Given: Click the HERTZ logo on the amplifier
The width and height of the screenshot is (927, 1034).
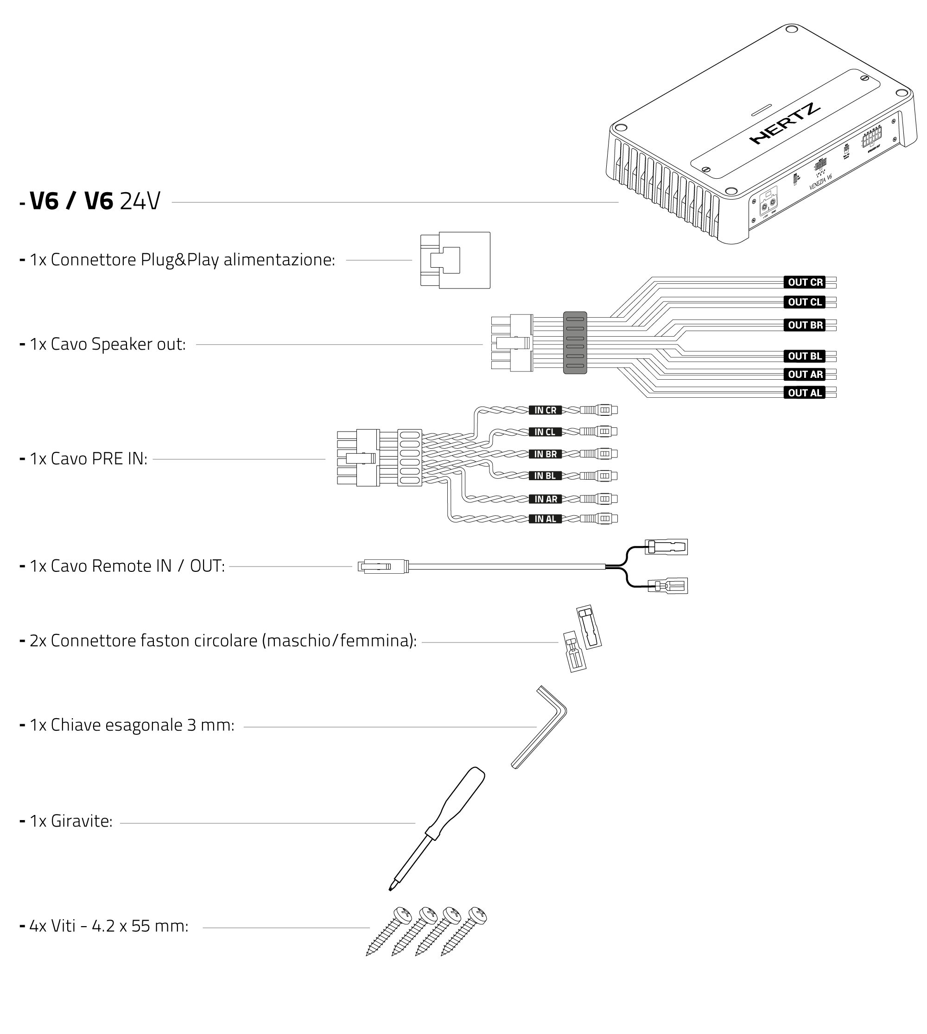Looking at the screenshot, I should (x=785, y=123).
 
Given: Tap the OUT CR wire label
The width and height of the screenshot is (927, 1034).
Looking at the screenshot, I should (x=805, y=282).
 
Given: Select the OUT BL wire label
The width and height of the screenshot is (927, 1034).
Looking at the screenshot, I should (x=805, y=356).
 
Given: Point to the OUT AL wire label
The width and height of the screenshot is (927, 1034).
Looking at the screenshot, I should (x=805, y=393).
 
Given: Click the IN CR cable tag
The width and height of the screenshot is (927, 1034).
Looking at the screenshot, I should (x=545, y=410).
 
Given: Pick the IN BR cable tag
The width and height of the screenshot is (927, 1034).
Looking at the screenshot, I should (x=545, y=454).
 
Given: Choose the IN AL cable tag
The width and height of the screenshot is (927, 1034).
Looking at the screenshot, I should (x=545, y=519).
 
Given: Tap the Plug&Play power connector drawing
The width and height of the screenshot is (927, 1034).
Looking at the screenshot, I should (x=455, y=260).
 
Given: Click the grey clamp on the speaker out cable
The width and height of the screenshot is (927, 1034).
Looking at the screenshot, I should (x=575, y=343).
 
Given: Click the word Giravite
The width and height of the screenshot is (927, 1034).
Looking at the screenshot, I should (x=82, y=821).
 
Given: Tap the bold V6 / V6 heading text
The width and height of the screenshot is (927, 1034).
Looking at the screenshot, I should (x=71, y=201).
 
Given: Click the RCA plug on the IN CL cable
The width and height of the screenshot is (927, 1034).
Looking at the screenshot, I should (x=599, y=432).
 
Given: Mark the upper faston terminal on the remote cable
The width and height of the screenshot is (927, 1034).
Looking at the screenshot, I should (x=666, y=547).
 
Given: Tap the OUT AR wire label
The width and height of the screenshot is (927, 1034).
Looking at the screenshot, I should (x=805, y=375).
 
